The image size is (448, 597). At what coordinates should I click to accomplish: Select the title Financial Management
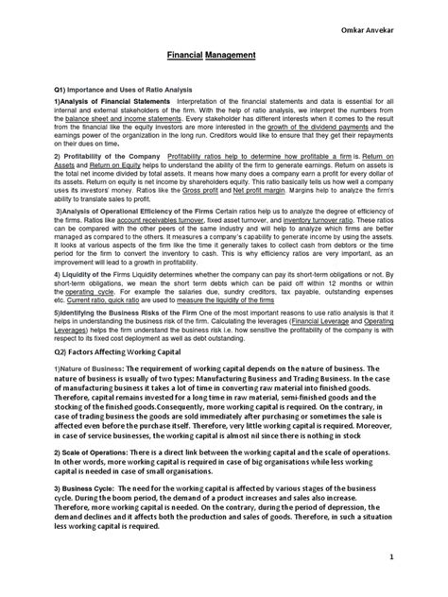(x=223, y=56)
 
